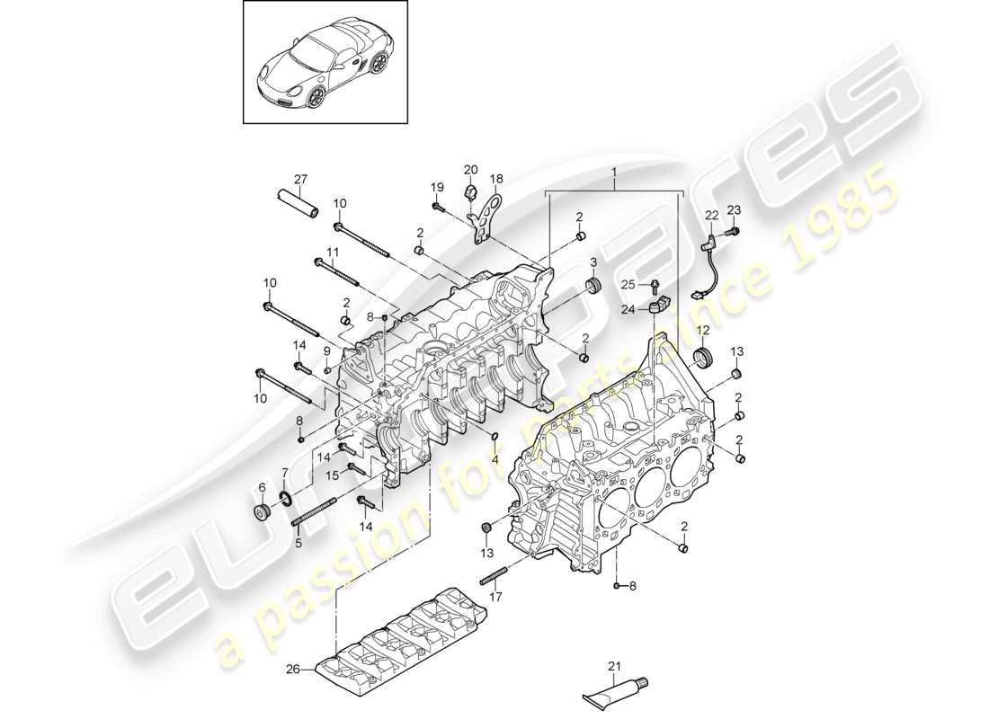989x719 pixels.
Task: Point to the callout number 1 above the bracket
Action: click(615, 171)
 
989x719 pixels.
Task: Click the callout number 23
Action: click(733, 210)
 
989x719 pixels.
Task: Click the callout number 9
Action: click(327, 351)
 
